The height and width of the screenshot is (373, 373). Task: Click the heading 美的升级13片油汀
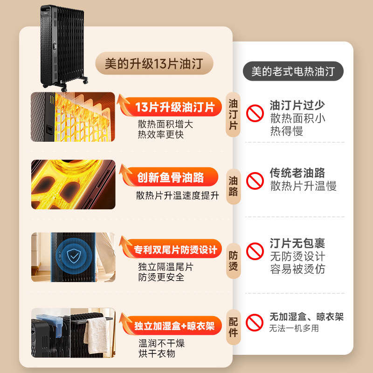[153, 63]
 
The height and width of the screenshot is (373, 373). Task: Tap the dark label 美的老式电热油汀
[293, 71]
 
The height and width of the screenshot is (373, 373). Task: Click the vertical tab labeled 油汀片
[234, 114]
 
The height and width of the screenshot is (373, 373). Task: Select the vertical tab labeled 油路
[234, 185]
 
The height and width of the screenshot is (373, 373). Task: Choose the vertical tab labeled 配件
[234, 326]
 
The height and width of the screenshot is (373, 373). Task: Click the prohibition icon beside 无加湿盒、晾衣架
[255, 322]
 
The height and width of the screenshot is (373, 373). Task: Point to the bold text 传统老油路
[297, 173]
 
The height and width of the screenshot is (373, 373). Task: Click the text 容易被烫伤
[297, 269]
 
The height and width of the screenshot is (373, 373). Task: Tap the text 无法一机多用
[294, 328]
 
